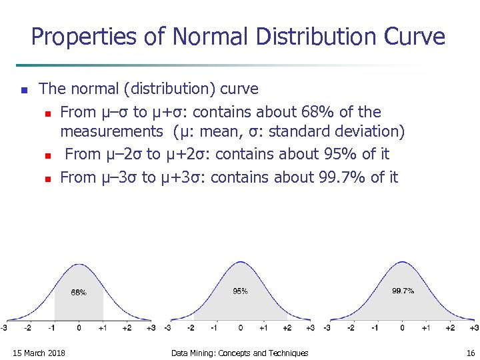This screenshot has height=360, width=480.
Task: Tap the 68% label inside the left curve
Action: point(79,293)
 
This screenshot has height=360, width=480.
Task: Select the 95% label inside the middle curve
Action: point(240,291)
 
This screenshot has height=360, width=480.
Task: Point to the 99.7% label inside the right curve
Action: point(403,291)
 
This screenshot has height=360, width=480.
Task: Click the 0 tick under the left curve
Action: point(79,328)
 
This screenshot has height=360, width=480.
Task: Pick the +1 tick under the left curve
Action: point(102,328)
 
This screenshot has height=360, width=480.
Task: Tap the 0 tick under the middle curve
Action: point(240,328)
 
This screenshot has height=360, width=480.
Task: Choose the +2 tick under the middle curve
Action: point(287,328)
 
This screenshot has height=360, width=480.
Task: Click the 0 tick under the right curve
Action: point(402,328)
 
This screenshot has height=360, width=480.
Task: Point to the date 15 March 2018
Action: point(39,353)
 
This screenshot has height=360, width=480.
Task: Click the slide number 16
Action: point(471,353)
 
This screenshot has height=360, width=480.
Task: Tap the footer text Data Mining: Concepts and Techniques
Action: point(240,353)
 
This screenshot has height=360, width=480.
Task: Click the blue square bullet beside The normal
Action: point(23,89)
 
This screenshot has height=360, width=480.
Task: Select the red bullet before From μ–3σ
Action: point(47,179)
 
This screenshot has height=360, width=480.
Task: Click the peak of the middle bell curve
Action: point(240,263)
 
